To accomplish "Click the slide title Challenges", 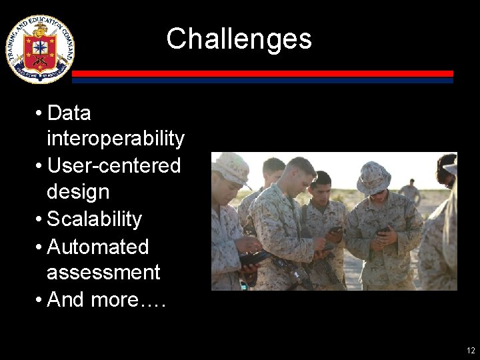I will [239, 39].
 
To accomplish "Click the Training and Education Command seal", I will [40, 49].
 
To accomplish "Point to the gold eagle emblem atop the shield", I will [40, 31].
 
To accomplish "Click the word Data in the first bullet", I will [69, 113].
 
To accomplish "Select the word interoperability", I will [115, 139].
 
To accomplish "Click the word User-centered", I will [114, 165].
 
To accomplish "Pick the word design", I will [78, 192].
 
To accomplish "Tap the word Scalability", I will [95, 219].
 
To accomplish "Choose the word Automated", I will [98, 247].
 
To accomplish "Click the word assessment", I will [103, 273].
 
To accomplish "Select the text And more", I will [107, 300].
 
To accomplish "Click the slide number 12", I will [471, 350].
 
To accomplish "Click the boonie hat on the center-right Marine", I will [373, 177].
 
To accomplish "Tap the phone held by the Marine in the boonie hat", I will [383, 230].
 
